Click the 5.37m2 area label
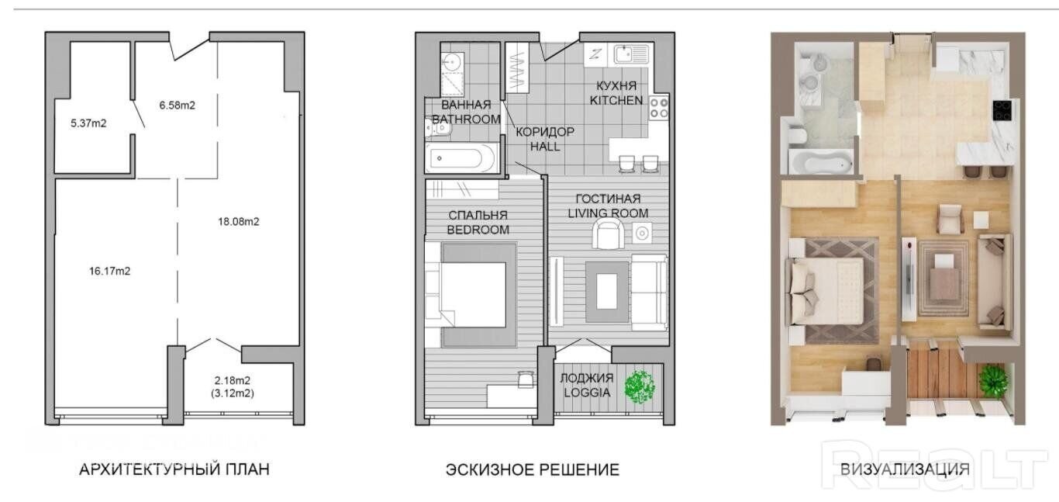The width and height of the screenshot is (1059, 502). pos(88,123)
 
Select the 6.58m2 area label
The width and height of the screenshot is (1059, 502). pos(178,106)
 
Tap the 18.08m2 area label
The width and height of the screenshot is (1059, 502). pos(239,221)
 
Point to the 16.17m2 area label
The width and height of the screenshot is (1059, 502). pos(109,271)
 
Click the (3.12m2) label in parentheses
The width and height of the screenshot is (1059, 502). pos(233,393)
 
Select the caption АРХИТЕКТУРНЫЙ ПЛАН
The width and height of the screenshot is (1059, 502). pos(174,469)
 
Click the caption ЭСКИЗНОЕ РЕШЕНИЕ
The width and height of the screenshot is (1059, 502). pos(533,470)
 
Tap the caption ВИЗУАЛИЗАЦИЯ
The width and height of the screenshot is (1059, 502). pos(905,469)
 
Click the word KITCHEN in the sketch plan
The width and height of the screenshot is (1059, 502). pos(616,100)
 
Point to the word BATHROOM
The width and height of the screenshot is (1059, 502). pos(466,119)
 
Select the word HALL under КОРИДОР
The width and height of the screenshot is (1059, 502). pos(545,147)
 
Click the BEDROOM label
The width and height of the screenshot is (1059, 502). pos(478,230)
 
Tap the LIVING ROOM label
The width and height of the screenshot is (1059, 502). pos(608,213)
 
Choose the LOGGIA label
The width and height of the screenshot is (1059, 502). pos(587,393)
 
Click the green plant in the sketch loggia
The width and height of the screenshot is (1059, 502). pos(640,387)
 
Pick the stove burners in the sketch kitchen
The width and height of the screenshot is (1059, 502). pos(658,108)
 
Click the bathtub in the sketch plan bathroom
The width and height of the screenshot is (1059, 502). pos(461,158)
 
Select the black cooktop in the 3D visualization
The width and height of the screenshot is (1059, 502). pos(1002,110)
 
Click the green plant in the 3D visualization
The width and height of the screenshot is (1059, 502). pos(994,380)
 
